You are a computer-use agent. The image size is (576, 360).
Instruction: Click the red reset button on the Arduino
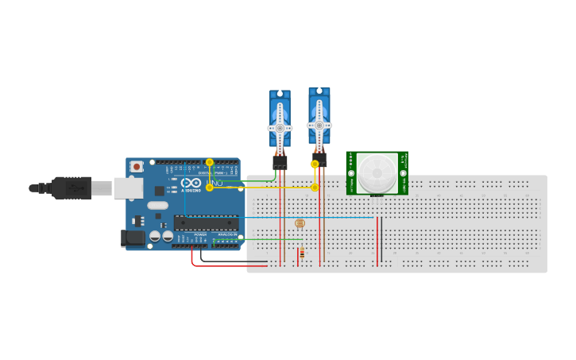[x=137, y=166]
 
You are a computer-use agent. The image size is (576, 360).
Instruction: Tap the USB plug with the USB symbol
[x=73, y=188]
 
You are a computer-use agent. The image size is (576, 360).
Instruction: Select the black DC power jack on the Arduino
[x=131, y=237]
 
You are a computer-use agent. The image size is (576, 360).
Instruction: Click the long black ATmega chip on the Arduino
[x=206, y=223]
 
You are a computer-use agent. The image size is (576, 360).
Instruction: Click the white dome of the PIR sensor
[x=377, y=172]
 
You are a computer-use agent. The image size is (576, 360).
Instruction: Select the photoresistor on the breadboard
[x=300, y=223]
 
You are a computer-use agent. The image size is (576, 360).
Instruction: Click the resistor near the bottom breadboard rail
[x=301, y=254]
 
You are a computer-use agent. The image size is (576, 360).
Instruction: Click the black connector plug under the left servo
[x=280, y=161]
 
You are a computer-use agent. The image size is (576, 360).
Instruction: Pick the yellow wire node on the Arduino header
[x=210, y=162]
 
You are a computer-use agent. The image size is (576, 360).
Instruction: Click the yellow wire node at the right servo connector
[x=315, y=164]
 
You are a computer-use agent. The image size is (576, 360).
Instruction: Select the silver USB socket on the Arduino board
[x=127, y=188]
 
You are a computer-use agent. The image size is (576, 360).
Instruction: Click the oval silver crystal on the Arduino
[x=157, y=205]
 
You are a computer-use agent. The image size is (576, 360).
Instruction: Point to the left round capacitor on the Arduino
[x=155, y=236]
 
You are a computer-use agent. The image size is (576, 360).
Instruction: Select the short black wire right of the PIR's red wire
[x=381, y=238]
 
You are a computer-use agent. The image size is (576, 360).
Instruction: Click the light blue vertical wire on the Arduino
[x=185, y=195]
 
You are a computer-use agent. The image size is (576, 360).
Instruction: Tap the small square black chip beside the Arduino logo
[x=159, y=190]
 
